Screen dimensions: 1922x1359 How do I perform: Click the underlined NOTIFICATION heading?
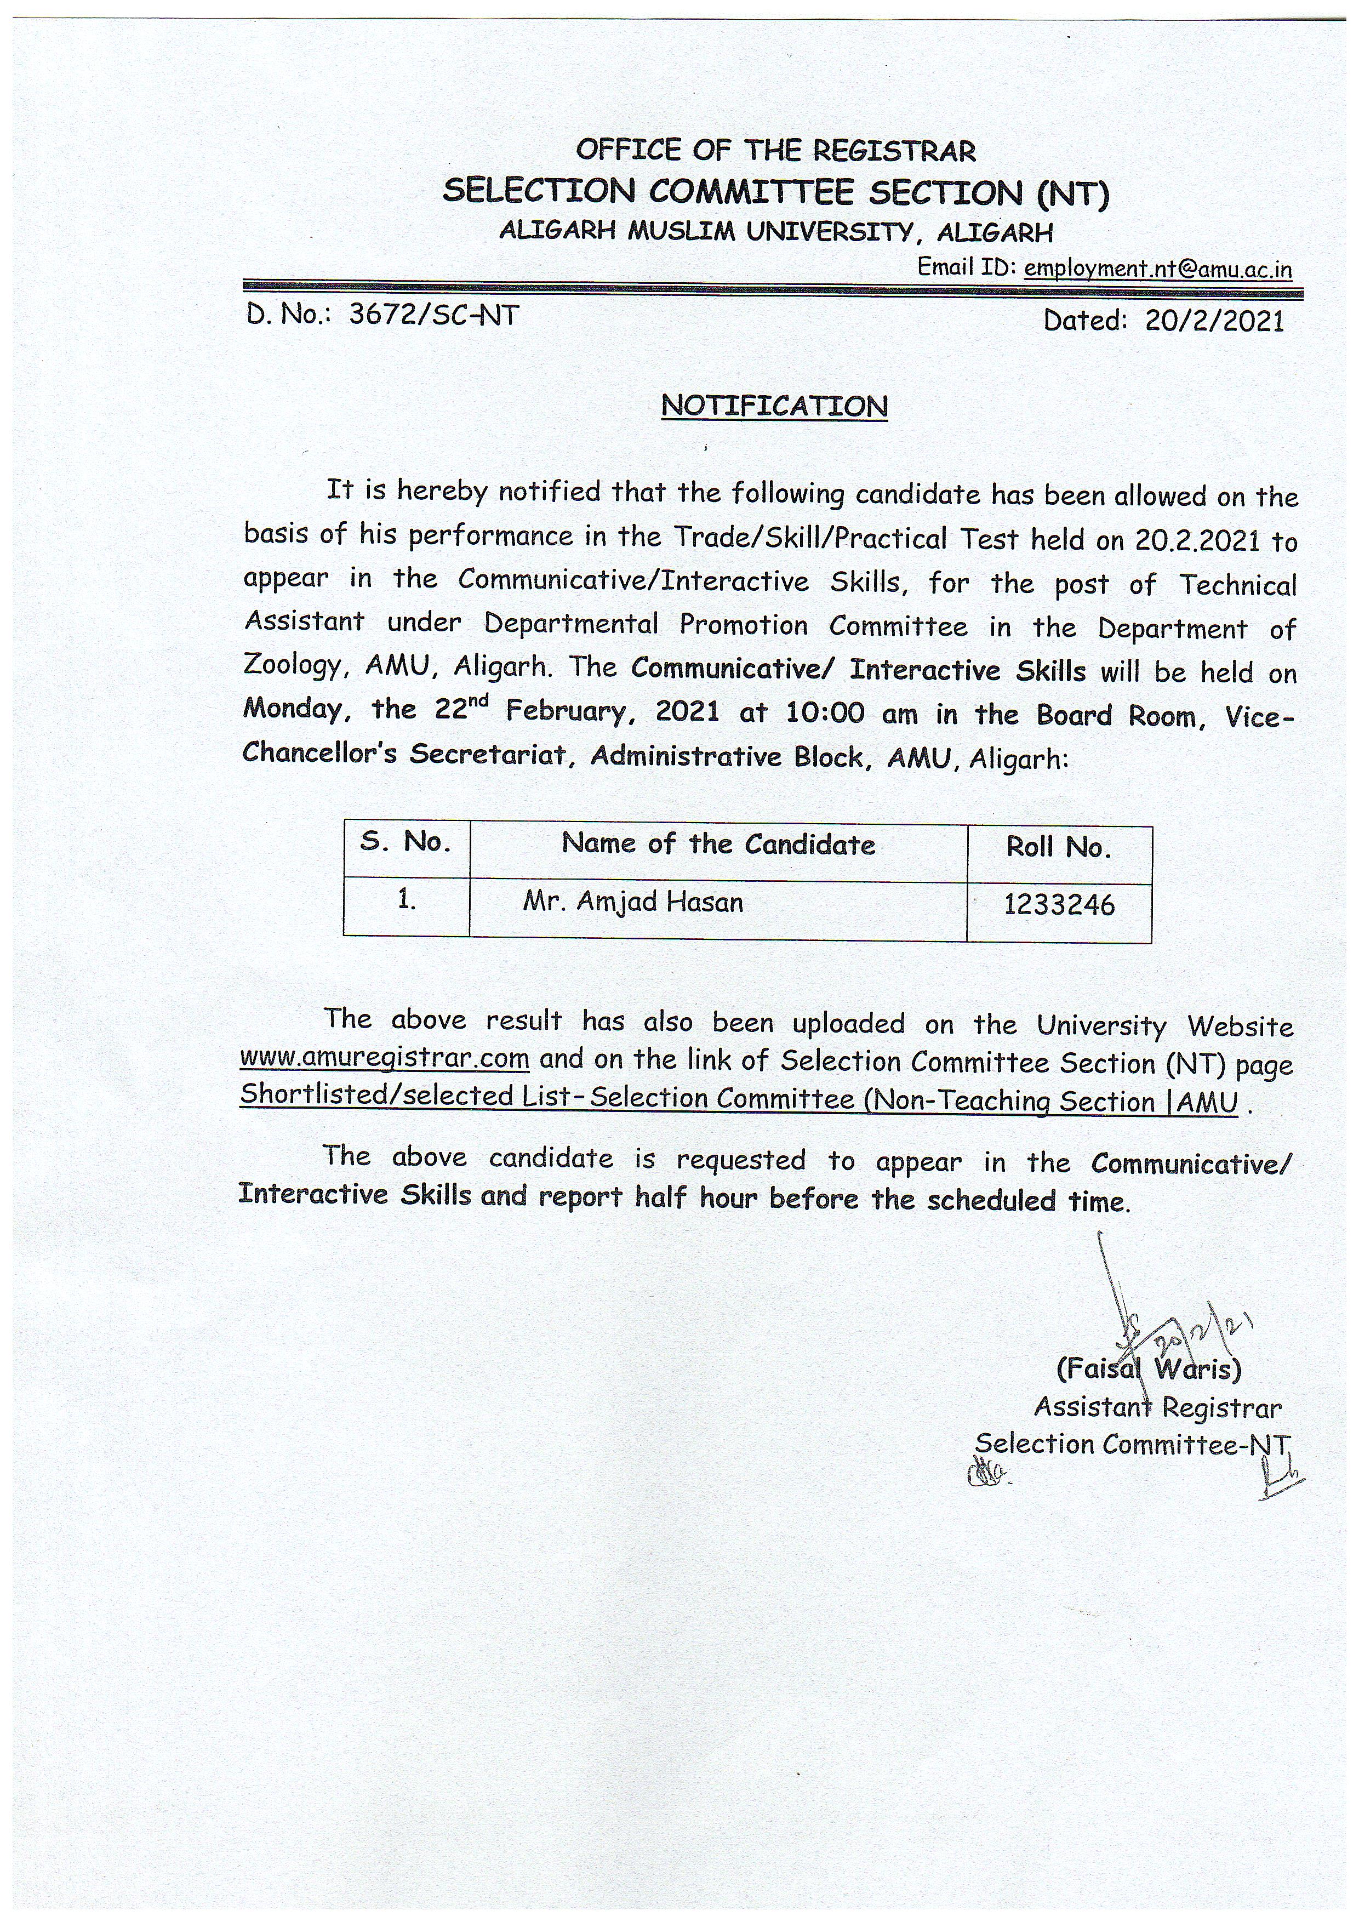coord(774,406)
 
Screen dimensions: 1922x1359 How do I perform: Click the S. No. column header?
coord(406,841)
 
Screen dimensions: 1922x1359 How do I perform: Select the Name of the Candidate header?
coord(718,844)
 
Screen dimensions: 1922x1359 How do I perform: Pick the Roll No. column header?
coord(1059,848)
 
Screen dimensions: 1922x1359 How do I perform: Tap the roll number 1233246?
coord(1059,905)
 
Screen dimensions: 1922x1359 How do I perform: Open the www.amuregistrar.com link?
coord(384,1058)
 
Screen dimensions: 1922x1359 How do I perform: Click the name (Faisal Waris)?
coord(1148,1370)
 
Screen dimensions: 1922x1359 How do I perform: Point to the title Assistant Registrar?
coord(1157,1407)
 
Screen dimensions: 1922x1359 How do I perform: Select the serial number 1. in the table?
coord(407,900)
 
